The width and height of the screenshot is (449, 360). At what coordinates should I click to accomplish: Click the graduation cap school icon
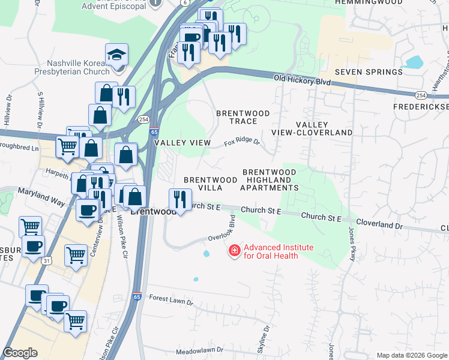pyautogui.click(x=116, y=55)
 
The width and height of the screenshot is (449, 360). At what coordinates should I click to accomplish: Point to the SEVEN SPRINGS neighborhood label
pyautogui.click(x=369, y=72)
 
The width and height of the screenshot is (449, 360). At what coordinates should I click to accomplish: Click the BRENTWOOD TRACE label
pyautogui.click(x=243, y=117)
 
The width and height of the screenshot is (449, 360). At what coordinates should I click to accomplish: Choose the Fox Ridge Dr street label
pyautogui.click(x=242, y=143)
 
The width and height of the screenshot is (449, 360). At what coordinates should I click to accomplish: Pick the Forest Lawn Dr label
pyautogui.click(x=171, y=298)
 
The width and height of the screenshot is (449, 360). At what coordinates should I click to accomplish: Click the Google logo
pyautogui.click(x=20, y=353)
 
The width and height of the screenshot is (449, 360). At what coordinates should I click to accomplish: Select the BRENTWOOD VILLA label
pyautogui.click(x=210, y=184)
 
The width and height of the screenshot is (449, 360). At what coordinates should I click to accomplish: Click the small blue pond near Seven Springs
pyautogui.click(x=414, y=62)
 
